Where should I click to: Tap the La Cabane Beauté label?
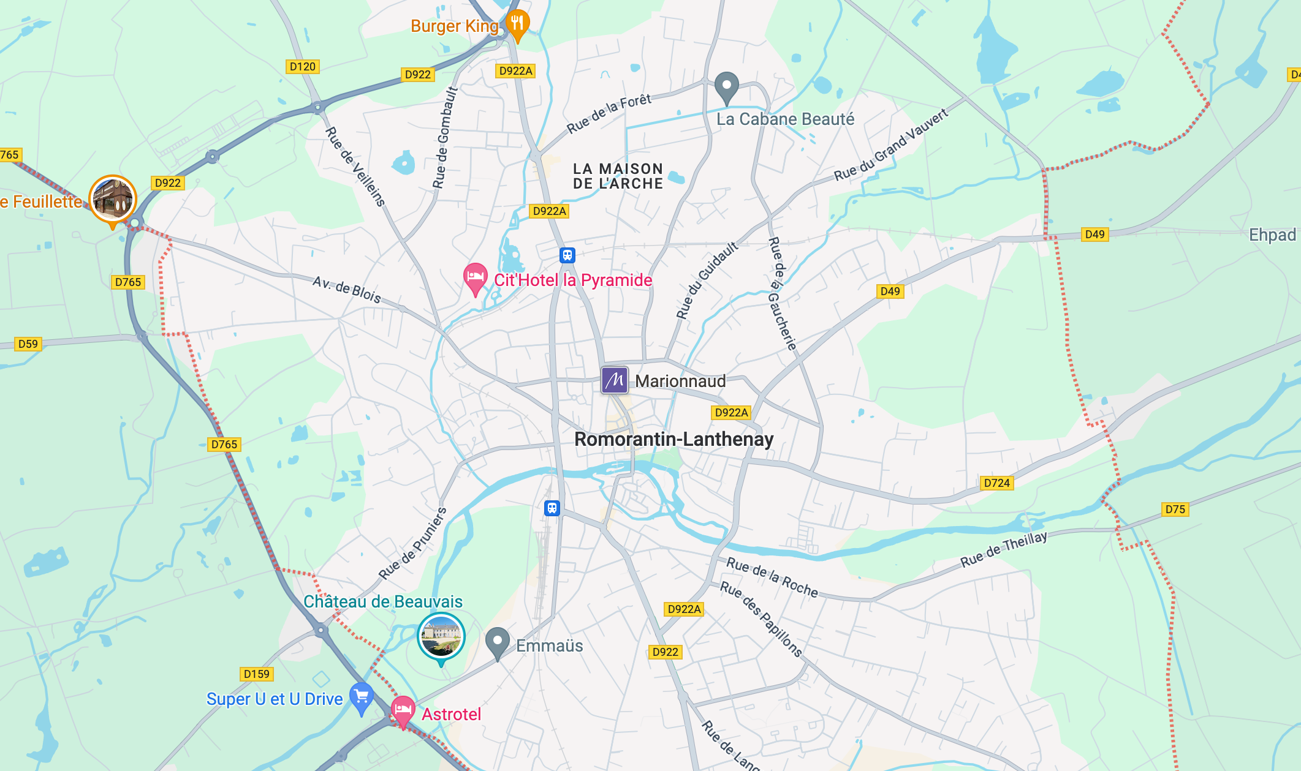[x=785, y=119]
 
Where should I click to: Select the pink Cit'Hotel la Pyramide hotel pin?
[x=475, y=277]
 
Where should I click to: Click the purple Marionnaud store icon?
[x=614, y=380]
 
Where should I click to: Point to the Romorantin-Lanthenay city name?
[x=673, y=439]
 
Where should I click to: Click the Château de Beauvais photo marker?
[x=441, y=636]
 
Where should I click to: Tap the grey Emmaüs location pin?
[x=498, y=641]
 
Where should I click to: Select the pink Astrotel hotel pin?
[x=403, y=710]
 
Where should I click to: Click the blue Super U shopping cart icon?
[x=362, y=696]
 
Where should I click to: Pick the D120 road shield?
[x=302, y=67]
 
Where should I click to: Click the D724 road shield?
[x=996, y=483]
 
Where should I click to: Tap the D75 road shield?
[x=1175, y=510]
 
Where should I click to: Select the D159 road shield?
[x=256, y=674]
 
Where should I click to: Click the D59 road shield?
[x=28, y=344]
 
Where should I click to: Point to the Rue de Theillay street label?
[x=1003, y=549]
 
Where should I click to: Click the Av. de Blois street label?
[x=347, y=290]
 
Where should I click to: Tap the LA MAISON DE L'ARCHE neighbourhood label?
[x=618, y=176]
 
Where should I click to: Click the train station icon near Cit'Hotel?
[x=567, y=255]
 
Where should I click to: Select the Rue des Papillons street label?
[x=760, y=619]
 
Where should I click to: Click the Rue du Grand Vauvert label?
[x=891, y=145]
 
